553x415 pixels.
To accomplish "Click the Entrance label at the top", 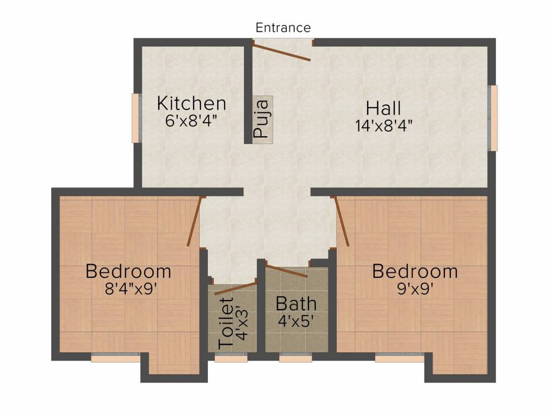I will click(x=283, y=28).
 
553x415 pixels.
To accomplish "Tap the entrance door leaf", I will click(x=281, y=52).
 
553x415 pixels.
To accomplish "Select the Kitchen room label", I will click(x=191, y=103).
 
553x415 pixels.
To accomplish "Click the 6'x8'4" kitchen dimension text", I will click(x=191, y=120).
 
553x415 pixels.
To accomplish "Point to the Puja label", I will click(x=262, y=119).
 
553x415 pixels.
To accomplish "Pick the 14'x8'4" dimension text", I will click(x=384, y=125).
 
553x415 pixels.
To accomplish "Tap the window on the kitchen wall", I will click(x=137, y=118).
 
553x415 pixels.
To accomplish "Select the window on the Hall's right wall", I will click(x=493, y=118).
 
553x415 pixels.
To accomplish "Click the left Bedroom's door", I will click(x=194, y=221).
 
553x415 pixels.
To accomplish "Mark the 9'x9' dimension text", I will click(x=415, y=288).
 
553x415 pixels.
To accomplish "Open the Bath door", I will click(x=287, y=271).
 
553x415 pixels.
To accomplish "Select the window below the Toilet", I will click(x=223, y=357).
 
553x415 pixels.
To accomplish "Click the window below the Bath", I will click(x=295, y=357).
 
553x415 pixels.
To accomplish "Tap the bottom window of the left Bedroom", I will click(x=115, y=357).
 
